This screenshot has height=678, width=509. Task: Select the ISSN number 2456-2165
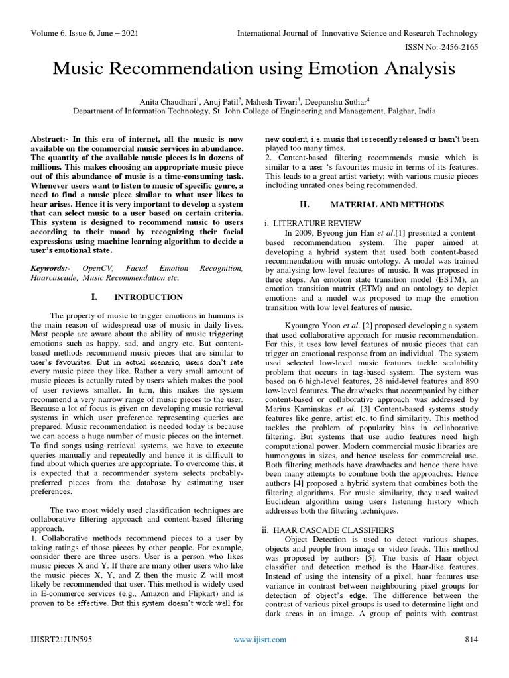click(x=457, y=48)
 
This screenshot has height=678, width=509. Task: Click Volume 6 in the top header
click(x=50, y=33)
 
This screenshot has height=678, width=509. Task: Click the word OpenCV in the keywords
click(x=98, y=269)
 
